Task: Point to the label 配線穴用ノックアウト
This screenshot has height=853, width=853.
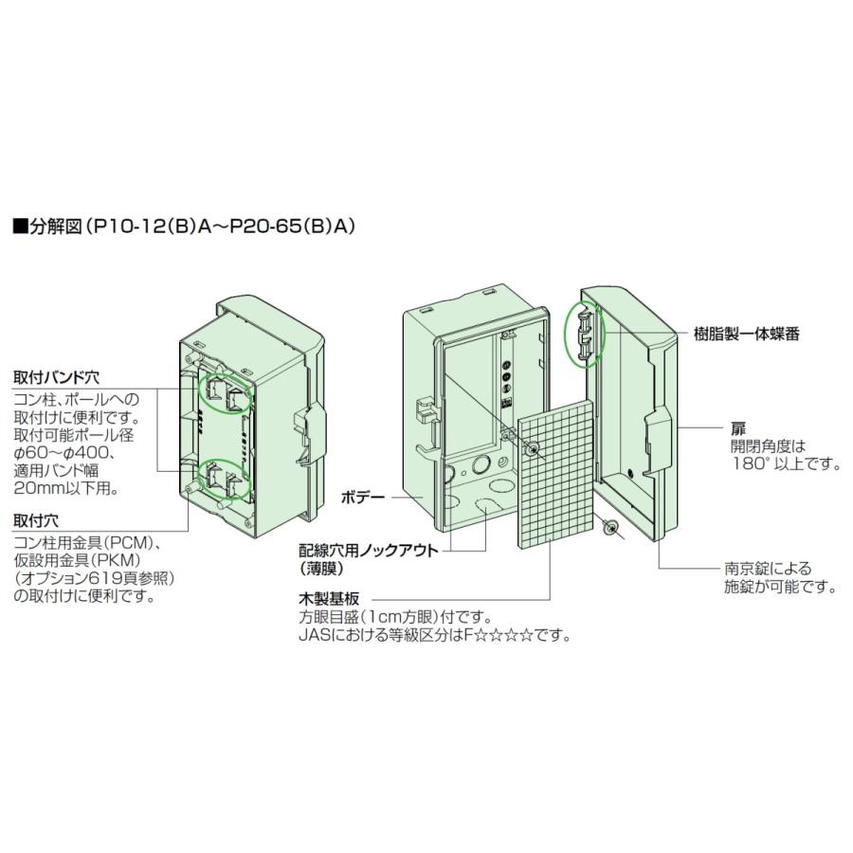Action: pyautogui.click(x=367, y=550)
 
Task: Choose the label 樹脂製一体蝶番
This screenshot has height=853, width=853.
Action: pyautogui.click(x=746, y=335)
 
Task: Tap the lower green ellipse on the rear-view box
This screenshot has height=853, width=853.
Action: pyautogui.click(x=224, y=480)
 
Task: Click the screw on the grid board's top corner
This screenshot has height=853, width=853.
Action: pyautogui.click(x=534, y=446)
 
